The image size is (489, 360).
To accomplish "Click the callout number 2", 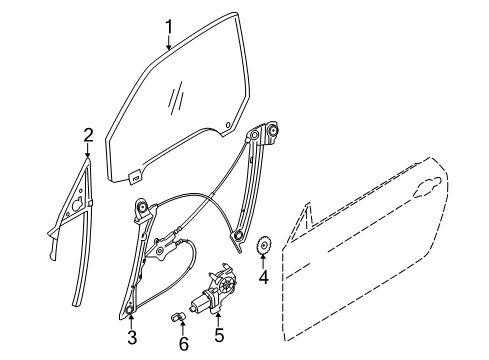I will tap(88, 134).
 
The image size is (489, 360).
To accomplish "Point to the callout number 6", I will tap(182, 344).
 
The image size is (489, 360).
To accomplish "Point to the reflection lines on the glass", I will tap(176, 98).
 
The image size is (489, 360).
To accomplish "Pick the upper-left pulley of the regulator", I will tap(143, 208).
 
